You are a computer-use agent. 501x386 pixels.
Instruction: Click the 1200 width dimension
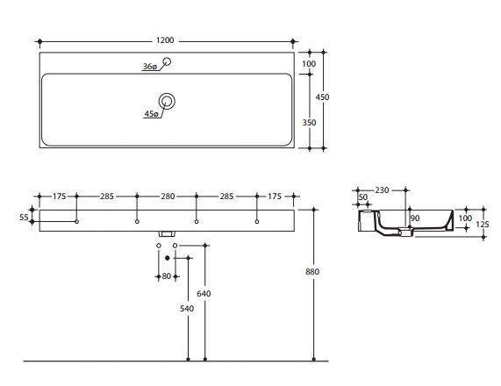pyautogui.click(x=165, y=40)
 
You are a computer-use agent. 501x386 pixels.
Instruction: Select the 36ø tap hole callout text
pyautogui.click(x=150, y=67)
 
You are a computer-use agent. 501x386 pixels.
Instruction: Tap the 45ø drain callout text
pyautogui.click(x=151, y=114)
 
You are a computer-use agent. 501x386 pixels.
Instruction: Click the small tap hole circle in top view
pyautogui.click(x=167, y=61)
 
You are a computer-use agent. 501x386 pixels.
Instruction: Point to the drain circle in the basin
pyautogui.click(x=167, y=101)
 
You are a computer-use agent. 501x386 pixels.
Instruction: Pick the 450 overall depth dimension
pyautogui.click(x=322, y=96)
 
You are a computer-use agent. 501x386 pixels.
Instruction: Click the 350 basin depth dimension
pyautogui.click(x=309, y=123)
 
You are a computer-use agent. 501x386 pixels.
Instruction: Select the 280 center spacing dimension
pyautogui.click(x=168, y=197)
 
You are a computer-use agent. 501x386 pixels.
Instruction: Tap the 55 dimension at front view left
pyautogui.click(x=24, y=218)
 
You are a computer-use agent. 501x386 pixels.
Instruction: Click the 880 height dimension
pyautogui.click(x=312, y=272)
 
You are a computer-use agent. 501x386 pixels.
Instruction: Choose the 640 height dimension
pyautogui.click(x=204, y=293)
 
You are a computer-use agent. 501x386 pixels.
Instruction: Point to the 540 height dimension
pyautogui.click(x=187, y=308)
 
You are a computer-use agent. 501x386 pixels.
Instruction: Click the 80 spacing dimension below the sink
pyautogui.click(x=167, y=276)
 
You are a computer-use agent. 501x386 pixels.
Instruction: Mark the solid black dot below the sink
pyautogui.click(x=167, y=258)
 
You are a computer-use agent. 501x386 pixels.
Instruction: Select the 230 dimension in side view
pyautogui.click(x=382, y=190)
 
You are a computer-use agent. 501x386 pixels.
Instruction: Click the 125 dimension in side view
pyautogui.click(x=483, y=225)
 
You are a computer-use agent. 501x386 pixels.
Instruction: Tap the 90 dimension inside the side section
pyautogui.click(x=415, y=218)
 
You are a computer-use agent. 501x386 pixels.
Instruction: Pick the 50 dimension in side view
pyautogui.click(x=363, y=197)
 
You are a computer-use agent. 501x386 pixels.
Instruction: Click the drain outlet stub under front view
pyautogui.click(x=167, y=234)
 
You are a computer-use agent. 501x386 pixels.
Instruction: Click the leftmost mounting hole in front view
pyautogui.click(x=76, y=221)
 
